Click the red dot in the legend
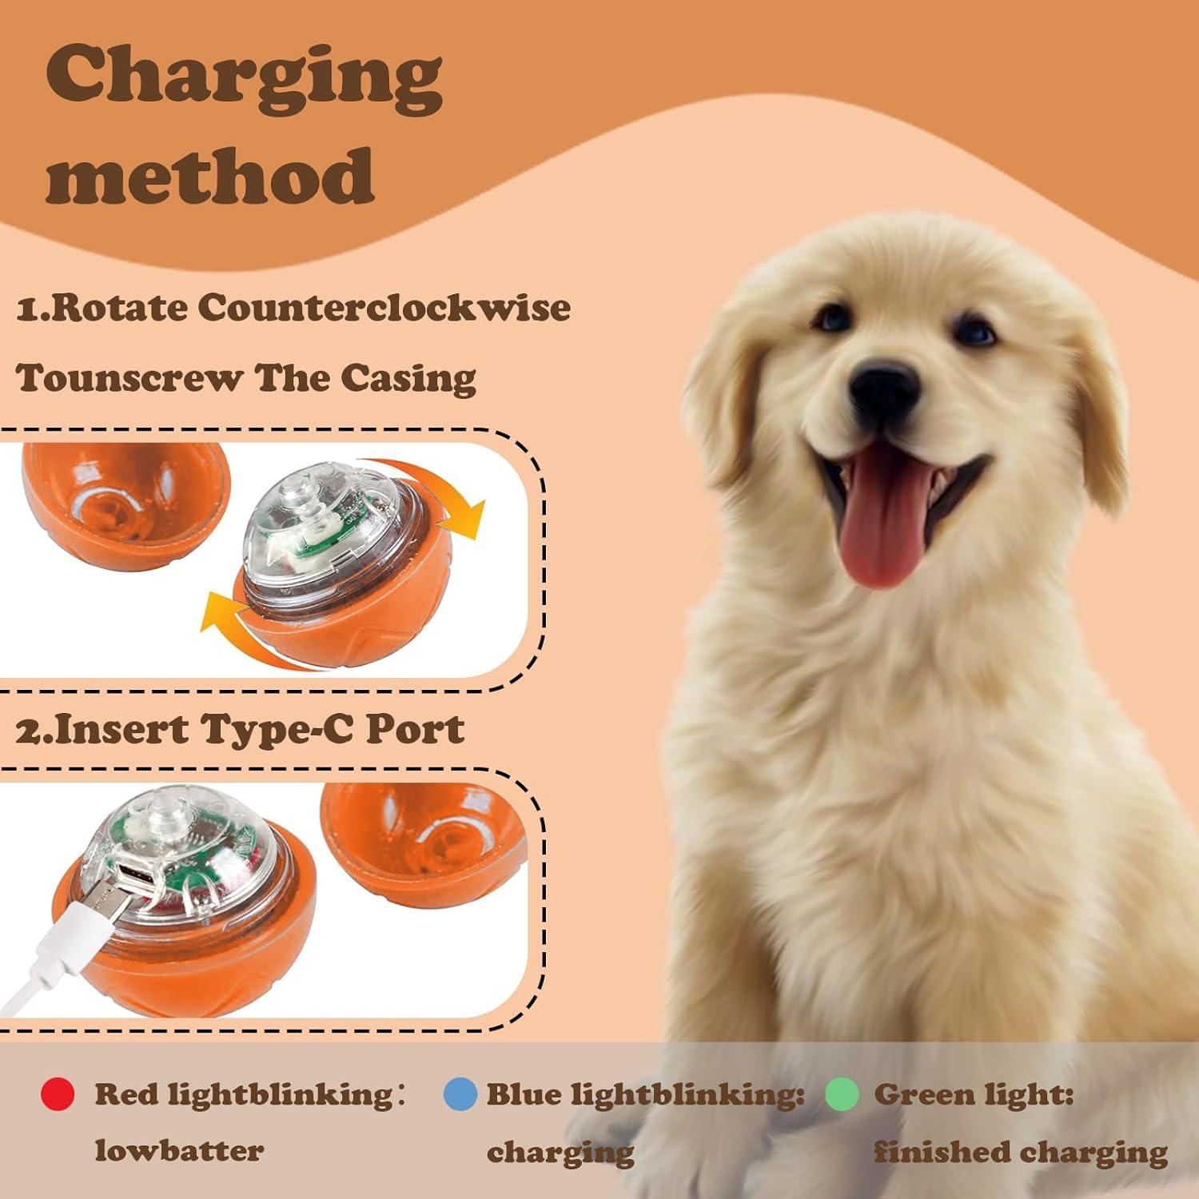[58, 1093]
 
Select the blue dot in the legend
[460, 1093]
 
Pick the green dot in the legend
[842, 1093]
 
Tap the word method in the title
[209, 176]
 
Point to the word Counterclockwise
[384, 309]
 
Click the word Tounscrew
[129, 378]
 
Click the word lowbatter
[179, 1151]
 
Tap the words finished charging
[1020, 1152]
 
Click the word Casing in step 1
[408, 378]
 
